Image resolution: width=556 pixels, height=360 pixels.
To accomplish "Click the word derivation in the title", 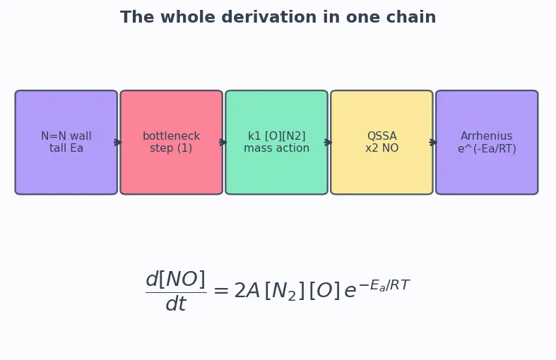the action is click(x=270, y=17).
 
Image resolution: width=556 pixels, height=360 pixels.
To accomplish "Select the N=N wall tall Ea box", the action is click(x=66, y=142).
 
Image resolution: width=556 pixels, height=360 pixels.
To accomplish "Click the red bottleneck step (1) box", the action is click(x=171, y=142).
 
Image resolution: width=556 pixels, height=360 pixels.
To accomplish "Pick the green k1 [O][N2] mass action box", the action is click(x=276, y=142).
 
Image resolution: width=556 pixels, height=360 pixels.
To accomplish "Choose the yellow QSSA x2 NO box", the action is click(x=382, y=142).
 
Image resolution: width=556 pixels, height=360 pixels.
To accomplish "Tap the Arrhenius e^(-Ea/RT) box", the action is click(x=487, y=142).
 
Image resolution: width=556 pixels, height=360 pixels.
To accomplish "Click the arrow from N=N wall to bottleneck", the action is click(x=118, y=143).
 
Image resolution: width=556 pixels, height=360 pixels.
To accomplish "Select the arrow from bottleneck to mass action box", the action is click(x=223, y=143).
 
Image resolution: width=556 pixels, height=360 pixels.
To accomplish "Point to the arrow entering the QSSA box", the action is click(x=328, y=143).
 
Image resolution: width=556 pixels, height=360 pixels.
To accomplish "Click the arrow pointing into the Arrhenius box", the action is click(x=433, y=143).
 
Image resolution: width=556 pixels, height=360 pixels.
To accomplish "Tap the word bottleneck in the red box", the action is click(x=171, y=136).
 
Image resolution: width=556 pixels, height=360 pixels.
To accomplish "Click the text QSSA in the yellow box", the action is click(x=382, y=136).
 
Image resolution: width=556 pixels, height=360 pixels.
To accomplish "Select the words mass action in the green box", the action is click(x=276, y=148).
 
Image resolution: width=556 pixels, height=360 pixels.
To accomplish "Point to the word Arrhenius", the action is click(x=487, y=136).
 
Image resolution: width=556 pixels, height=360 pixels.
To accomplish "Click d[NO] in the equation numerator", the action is click(x=176, y=280).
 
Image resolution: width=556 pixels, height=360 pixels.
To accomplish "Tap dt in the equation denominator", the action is click(x=176, y=304).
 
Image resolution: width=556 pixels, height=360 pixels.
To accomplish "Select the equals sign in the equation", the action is click(x=221, y=292).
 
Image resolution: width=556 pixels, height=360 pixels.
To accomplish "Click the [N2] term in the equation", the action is click(x=285, y=292).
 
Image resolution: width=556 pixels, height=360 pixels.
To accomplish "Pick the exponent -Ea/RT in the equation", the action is click(x=384, y=285).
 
